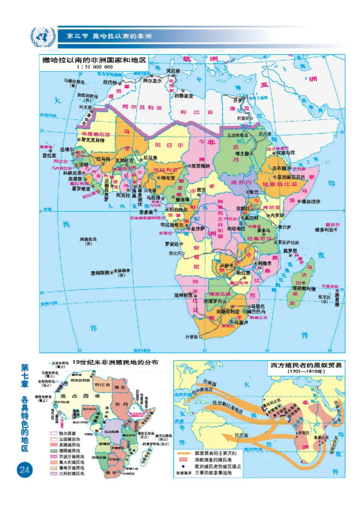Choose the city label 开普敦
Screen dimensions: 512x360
coord(192,336)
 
